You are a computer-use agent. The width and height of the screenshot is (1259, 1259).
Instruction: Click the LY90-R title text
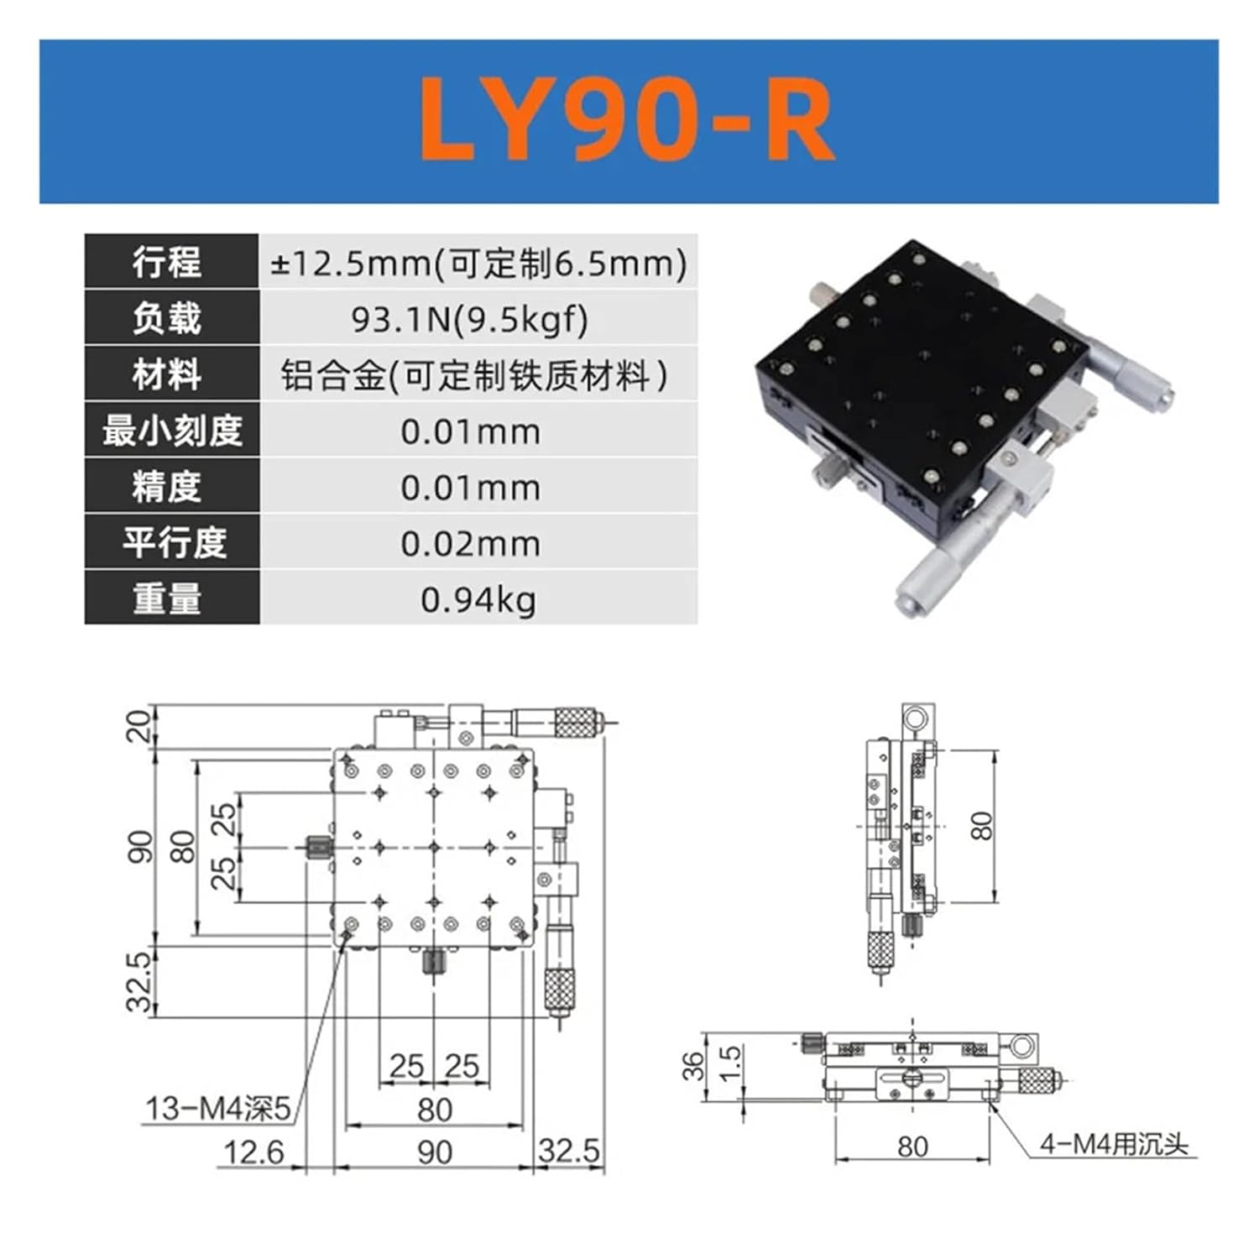[x=628, y=119]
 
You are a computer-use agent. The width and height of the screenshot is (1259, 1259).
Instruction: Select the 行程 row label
[x=167, y=263]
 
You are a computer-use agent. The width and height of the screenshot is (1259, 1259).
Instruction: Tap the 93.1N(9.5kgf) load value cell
[x=470, y=319]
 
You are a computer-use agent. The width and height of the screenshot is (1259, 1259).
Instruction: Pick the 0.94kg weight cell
[x=478, y=599]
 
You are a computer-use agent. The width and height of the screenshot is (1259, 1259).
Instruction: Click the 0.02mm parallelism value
[x=470, y=544]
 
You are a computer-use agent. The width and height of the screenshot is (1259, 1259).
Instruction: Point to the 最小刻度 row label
[x=172, y=431]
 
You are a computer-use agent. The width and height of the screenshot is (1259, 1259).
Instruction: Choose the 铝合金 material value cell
[x=474, y=375]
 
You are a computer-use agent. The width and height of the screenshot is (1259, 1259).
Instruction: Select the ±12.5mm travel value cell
[x=478, y=264]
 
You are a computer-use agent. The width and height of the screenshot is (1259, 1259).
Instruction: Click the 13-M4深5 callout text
[x=217, y=1108]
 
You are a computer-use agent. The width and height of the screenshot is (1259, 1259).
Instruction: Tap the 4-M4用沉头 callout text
[x=1114, y=1143]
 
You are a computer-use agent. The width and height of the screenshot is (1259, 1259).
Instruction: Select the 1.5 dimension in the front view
[x=731, y=1063]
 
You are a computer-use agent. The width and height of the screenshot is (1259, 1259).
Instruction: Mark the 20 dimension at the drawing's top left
[x=139, y=725]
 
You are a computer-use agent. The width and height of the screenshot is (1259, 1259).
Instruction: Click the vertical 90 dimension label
[x=140, y=846]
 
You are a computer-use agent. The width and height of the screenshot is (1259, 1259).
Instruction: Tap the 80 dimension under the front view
[x=912, y=1146]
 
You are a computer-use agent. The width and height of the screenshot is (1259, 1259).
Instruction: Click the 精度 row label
[x=167, y=487]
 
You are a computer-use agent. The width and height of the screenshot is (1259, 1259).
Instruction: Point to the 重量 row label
[x=167, y=598]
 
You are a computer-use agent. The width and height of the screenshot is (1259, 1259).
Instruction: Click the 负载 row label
[x=167, y=319]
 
